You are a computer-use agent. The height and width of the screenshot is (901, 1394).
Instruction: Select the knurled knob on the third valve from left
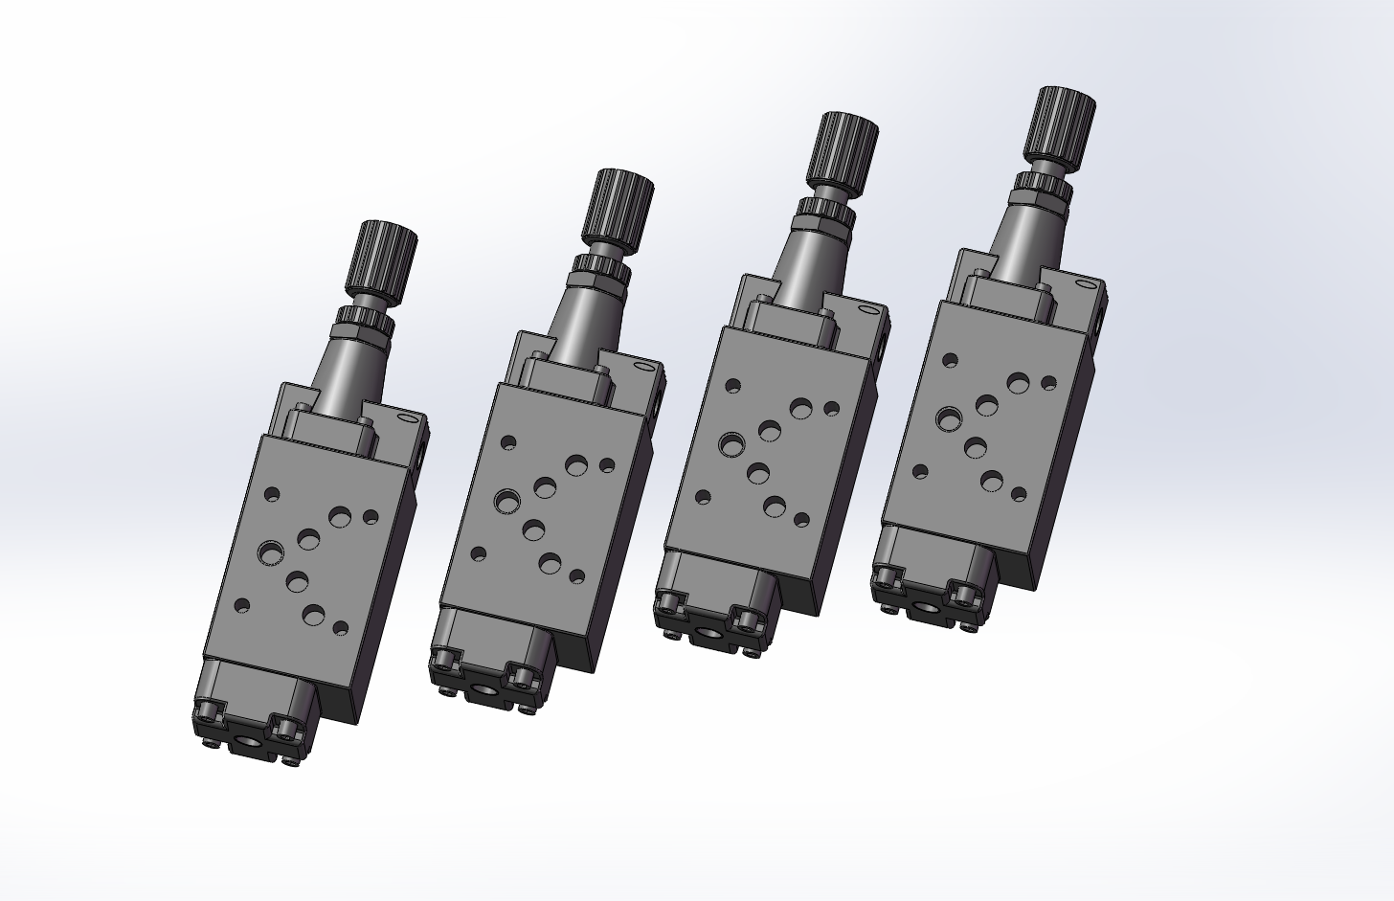pos(842,151)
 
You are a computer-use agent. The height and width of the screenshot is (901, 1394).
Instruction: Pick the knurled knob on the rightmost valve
pos(1060,124)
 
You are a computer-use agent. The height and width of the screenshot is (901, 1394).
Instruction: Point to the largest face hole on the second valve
pos(507,500)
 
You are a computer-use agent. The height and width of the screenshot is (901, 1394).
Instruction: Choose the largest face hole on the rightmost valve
pos(949,418)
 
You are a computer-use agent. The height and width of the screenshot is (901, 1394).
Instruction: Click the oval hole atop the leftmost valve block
pos(409,418)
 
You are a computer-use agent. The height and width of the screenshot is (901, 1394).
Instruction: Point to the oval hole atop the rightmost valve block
pos(1085,283)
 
